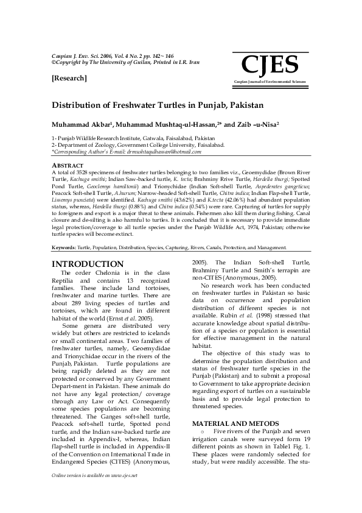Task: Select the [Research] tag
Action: coord(69,78)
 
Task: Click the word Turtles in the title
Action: coord(193,105)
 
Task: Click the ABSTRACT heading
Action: coord(67,165)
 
